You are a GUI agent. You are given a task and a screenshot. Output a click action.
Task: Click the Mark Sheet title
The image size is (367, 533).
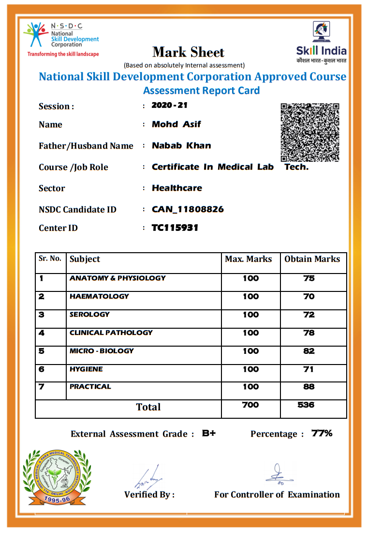click(x=189, y=52)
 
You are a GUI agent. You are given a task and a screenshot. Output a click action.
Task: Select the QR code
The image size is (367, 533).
click(x=310, y=132)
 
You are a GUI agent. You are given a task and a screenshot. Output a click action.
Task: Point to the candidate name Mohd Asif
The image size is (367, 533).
click(x=176, y=124)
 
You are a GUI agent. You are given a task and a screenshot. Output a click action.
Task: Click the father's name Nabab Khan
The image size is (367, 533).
click(x=181, y=146)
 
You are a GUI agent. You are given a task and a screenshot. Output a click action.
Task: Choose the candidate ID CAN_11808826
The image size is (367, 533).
click(x=188, y=210)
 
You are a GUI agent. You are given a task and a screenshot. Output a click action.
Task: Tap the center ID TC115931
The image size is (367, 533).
click(x=175, y=228)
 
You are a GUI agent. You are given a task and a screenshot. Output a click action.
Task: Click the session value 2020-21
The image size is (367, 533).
click(x=169, y=105)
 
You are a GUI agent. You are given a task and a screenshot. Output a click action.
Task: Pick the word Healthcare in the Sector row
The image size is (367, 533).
click(x=177, y=188)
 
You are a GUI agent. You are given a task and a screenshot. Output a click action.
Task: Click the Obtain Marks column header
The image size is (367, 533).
click(x=312, y=259)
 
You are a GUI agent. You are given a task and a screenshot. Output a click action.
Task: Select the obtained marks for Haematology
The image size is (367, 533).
click(x=309, y=296)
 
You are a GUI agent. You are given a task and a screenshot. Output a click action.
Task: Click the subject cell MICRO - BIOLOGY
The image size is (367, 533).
click(x=102, y=351)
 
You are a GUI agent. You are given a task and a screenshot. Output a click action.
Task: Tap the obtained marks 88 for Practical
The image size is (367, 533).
click(x=309, y=387)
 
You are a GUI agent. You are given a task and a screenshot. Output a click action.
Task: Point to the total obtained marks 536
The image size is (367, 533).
click(x=306, y=405)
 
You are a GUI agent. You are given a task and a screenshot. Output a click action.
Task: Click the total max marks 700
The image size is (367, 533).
click(x=250, y=405)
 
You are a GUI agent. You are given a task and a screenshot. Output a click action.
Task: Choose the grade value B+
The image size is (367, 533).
click(x=209, y=433)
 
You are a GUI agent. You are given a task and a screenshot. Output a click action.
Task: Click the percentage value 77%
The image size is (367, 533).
click(x=322, y=433)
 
